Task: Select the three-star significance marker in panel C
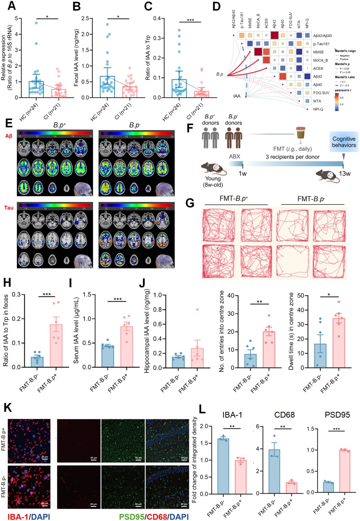(190, 20)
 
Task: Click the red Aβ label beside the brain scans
(9, 136)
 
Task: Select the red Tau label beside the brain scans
(9, 208)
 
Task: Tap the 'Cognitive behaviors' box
(344, 142)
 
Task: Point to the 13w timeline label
(345, 174)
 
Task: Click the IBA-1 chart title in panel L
(232, 415)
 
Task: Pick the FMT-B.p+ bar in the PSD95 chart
(344, 471)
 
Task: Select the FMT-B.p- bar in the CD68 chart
(274, 471)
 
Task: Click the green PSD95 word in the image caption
(131, 517)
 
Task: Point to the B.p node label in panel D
(220, 75)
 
